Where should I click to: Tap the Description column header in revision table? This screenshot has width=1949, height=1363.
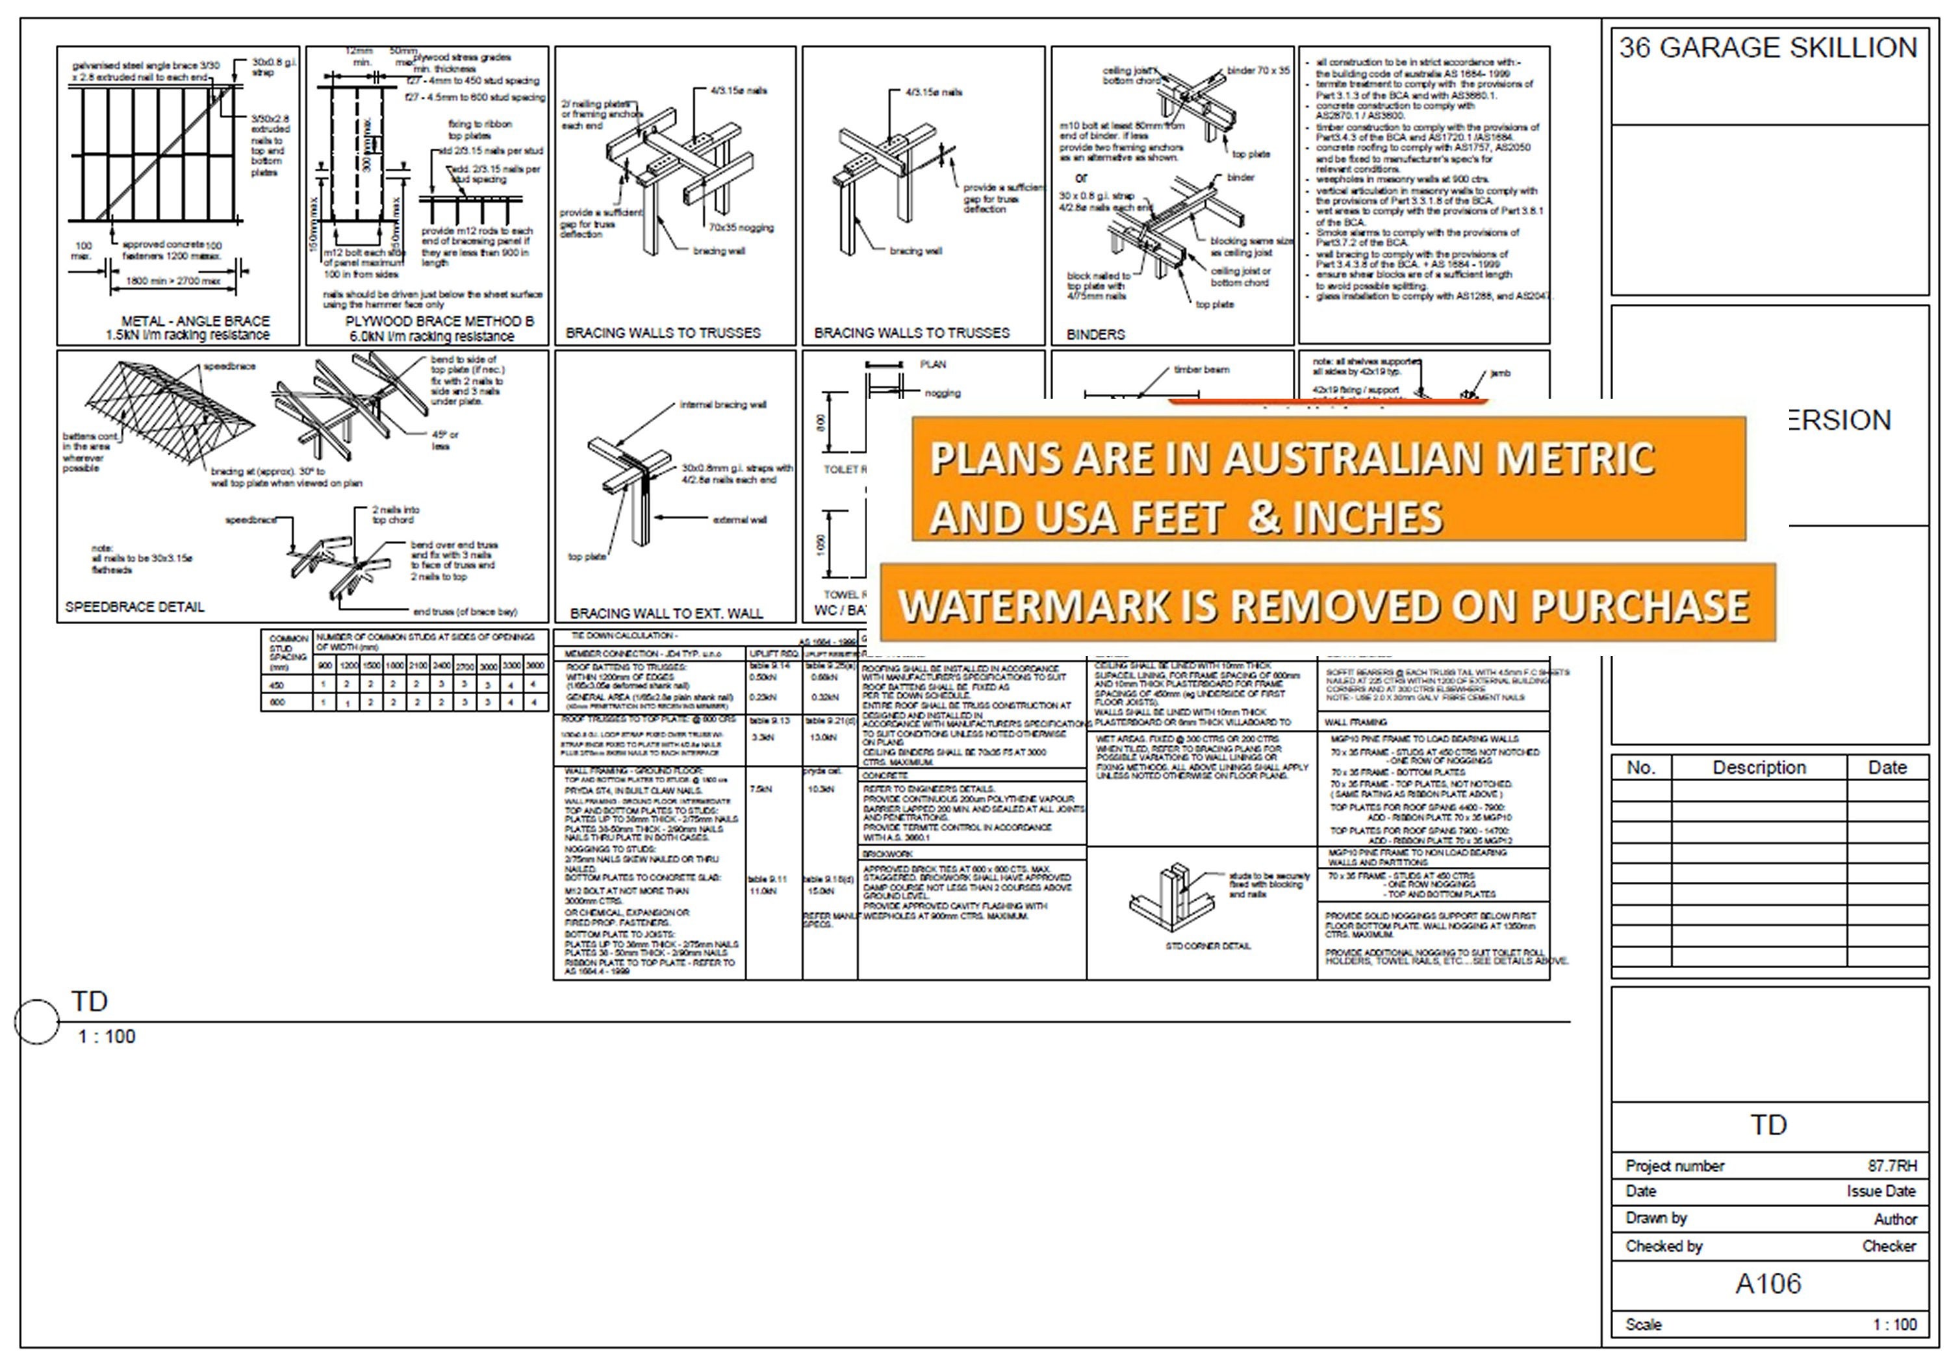1759,768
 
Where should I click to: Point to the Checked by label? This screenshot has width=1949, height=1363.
1664,1246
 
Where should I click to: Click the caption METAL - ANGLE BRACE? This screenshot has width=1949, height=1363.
196,321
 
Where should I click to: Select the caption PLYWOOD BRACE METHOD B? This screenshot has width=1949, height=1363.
439,321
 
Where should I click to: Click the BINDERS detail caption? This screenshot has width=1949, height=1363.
1095,334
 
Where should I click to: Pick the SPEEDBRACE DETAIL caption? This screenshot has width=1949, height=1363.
134,606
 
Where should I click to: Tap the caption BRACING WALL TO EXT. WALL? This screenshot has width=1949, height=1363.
667,613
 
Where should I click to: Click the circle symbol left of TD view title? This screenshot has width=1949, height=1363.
36,1021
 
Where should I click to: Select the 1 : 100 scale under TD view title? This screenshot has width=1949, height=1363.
106,1036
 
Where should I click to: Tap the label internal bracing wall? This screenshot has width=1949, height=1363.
722,405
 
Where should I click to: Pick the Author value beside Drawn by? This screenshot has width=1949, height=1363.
1894,1219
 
